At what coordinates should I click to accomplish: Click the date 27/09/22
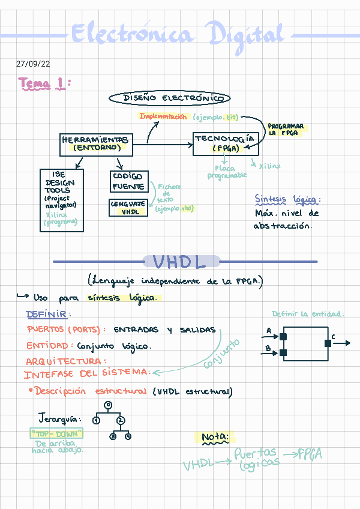pos(33,64)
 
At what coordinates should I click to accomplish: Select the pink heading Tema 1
pos(44,83)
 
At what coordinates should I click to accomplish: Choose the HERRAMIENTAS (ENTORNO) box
pos(96,143)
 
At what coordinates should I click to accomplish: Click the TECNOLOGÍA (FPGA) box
pos(224,143)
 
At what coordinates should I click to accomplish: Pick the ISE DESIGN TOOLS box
pos(61,199)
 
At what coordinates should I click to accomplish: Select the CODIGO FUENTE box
pos(128,181)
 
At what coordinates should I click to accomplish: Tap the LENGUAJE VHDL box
pos(128,208)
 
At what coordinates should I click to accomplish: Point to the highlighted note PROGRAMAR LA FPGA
pos(286,130)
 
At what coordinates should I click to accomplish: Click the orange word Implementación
pos(163,116)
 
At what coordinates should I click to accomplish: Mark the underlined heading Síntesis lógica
pos(287,199)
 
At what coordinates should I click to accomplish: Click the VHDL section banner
pos(181,262)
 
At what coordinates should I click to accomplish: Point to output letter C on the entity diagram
pos(333,337)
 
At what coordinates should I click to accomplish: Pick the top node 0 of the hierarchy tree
pos(107,405)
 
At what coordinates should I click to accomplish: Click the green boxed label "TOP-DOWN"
pos(56,433)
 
